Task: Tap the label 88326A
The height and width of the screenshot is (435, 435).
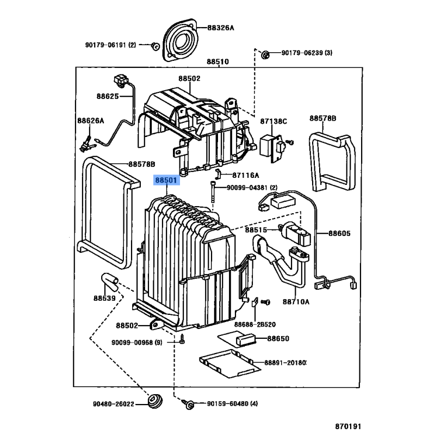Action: (x=220, y=28)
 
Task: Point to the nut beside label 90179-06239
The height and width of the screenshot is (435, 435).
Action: (x=265, y=54)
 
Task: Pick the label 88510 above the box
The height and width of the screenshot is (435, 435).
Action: (x=217, y=62)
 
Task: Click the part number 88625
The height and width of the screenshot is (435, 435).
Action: (x=108, y=96)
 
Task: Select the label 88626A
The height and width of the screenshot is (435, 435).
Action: (x=90, y=121)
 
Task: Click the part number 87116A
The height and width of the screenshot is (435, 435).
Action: (x=246, y=175)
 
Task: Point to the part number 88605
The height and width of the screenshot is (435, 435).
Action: (x=339, y=234)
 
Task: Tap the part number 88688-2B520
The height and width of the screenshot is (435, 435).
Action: (x=255, y=325)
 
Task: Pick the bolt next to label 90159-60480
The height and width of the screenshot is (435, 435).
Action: (x=191, y=403)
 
